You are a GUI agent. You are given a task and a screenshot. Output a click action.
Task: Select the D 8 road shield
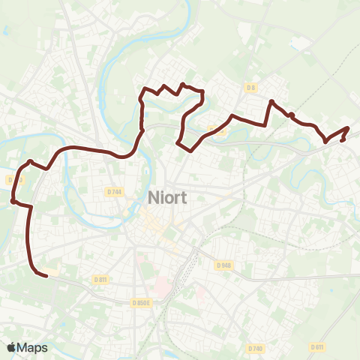[250, 88]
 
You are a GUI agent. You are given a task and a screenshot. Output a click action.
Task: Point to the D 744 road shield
[114, 191]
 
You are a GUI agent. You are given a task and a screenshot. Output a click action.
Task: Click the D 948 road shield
[223, 265]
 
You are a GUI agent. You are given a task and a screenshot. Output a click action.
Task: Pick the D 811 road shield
[100, 279]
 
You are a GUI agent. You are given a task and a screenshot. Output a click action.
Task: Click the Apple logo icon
[11, 347]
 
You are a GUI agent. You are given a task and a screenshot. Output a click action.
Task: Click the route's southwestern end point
[46, 275]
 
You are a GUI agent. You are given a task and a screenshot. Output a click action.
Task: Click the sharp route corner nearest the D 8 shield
[271, 101]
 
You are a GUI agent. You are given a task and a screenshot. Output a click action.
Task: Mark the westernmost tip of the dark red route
[13, 200]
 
